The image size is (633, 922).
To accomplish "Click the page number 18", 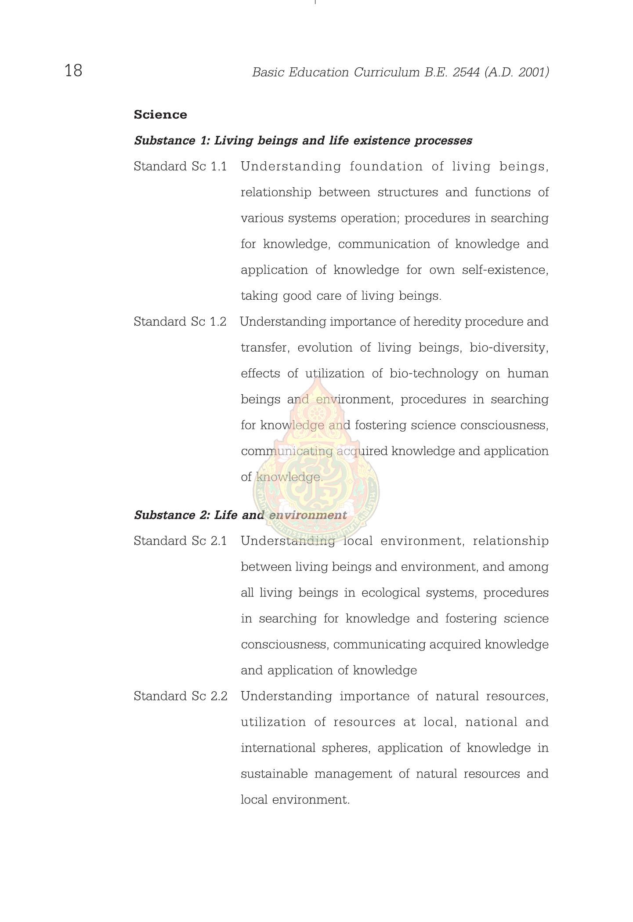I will [x=73, y=70].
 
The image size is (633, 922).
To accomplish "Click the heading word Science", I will [x=160, y=115].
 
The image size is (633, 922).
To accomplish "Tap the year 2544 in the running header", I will [x=466, y=72].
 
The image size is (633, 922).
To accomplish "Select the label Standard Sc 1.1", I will [x=180, y=167].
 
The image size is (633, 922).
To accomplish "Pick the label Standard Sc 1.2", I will [x=180, y=322].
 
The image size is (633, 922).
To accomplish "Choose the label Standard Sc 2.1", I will [x=180, y=541].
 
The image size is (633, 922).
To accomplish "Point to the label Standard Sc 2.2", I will [x=180, y=696].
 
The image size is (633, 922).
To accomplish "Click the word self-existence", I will [x=505, y=270].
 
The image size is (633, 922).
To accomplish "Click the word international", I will [x=278, y=748].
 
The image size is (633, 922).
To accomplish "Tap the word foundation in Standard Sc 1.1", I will [x=386, y=167].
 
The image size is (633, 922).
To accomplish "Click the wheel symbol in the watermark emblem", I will [x=315, y=414].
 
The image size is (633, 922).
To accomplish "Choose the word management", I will [x=353, y=774].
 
